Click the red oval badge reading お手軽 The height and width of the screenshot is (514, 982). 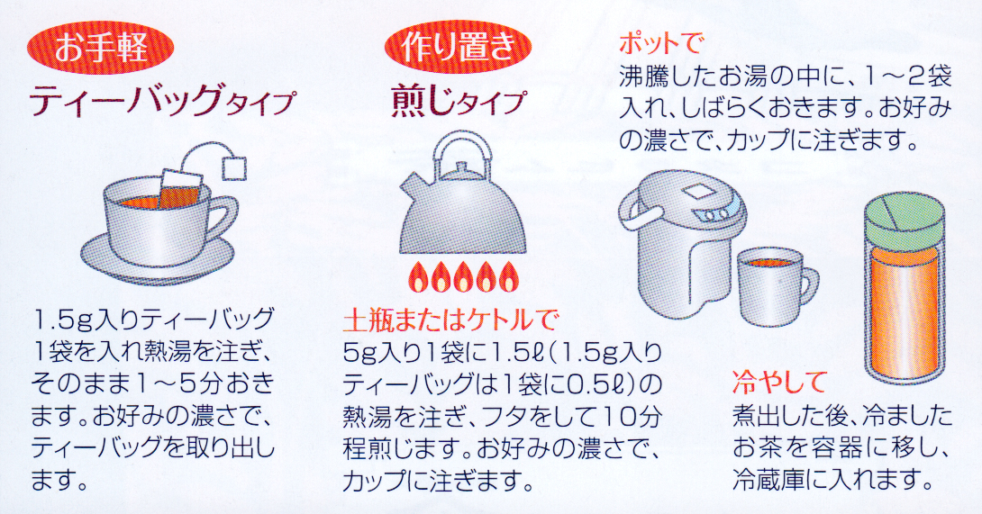[x=100, y=48]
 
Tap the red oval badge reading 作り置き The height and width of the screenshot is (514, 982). [x=458, y=48]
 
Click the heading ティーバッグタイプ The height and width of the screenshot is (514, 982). [x=161, y=102]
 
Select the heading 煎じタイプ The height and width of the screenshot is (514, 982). [x=458, y=102]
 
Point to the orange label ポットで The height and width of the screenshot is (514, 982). [x=661, y=44]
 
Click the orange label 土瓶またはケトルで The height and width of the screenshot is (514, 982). [x=450, y=320]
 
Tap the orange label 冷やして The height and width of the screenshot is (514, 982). [x=779, y=382]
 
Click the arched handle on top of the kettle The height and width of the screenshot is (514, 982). [x=460, y=150]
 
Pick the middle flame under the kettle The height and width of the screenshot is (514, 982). [x=462, y=276]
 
